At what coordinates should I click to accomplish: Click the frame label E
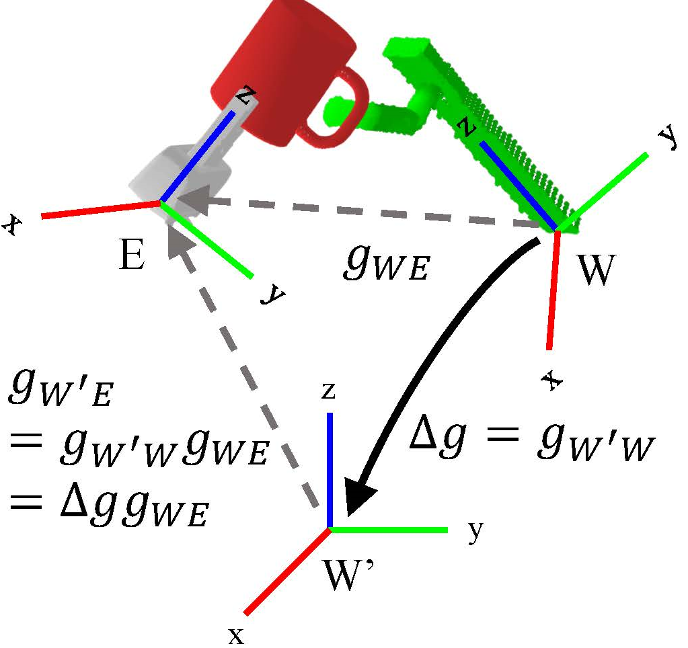tap(132, 256)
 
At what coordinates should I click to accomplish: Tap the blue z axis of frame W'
tap(330, 471)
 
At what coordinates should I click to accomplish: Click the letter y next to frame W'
tap(475, 533)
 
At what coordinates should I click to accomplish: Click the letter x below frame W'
tap(235, 634)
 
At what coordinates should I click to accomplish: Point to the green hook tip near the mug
tap(332, 111)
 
